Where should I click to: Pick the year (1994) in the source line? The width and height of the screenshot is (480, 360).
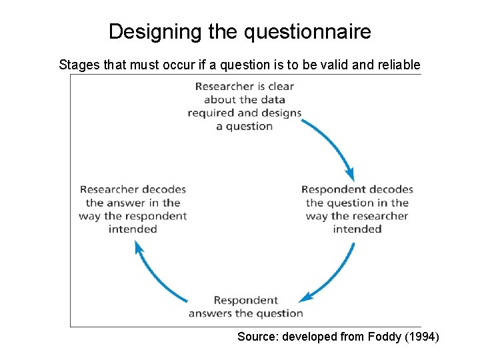click(421, 337)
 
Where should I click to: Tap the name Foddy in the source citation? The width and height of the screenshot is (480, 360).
click(385, 337)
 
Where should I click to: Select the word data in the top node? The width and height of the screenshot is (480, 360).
click(273, 99)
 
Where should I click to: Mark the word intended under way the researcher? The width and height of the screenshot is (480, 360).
click(357, 229)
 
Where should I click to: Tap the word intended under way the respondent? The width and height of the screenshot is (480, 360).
click(133, 229)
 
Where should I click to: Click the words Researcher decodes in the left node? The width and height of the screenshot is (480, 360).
click(133, 189)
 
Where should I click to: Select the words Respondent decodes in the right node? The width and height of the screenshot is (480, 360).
click(357, 189)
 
